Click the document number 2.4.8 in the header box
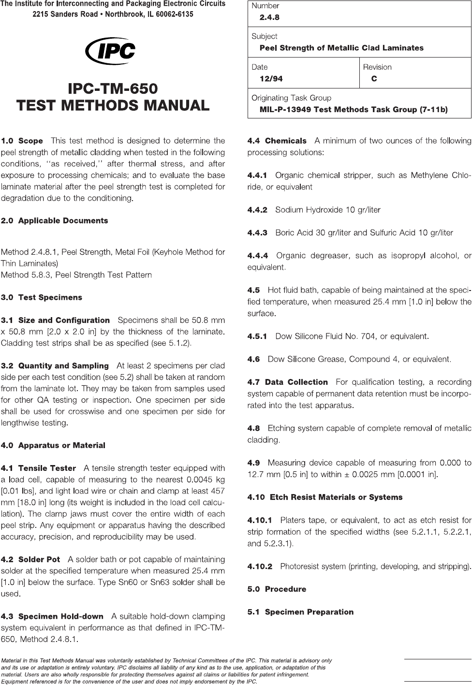[269, 17]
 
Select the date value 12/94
[271, 78]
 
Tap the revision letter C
[374, 78]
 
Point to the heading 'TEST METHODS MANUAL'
[113, 105]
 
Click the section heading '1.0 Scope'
[22, 141]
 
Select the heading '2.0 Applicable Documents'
[55, 220]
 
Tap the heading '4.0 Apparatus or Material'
[53, 445]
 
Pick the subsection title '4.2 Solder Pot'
[31, 559]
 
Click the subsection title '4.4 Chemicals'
[277, 141]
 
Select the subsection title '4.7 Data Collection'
[288, 382]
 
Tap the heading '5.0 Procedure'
[277, 589]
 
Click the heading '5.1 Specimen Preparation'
[300, 612]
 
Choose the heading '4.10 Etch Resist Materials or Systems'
[324, 497]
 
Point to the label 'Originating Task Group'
[291, 98]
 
